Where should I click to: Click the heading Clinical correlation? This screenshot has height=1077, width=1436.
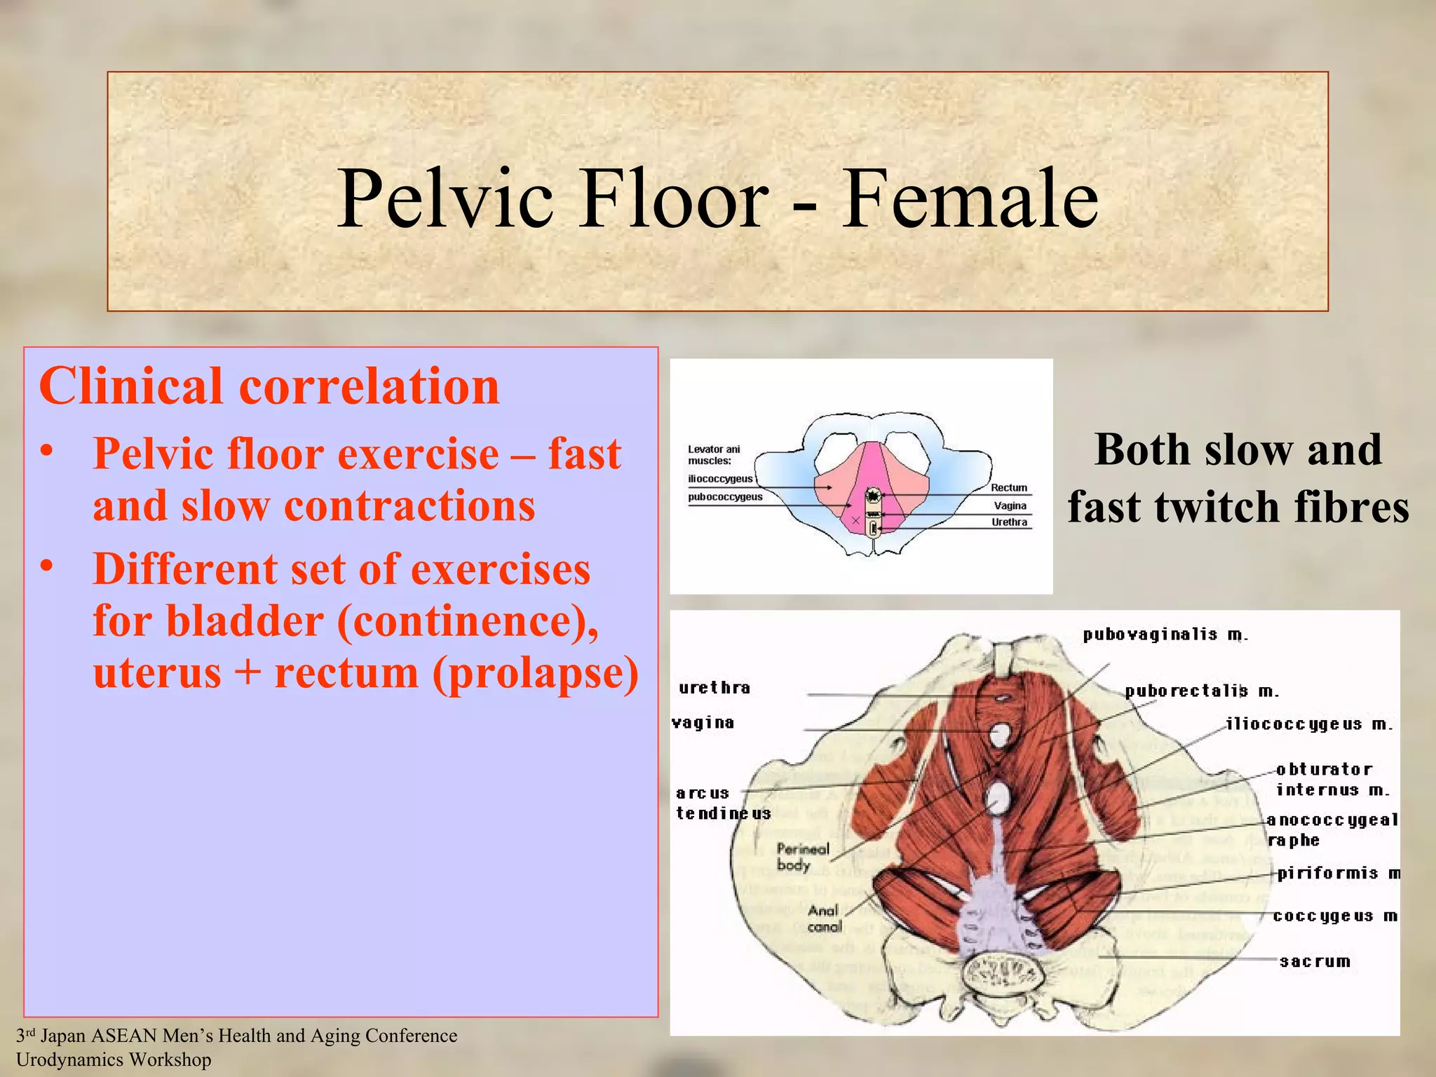(x=269, y=386)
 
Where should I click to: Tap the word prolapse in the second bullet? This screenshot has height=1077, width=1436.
(x=536, y=672)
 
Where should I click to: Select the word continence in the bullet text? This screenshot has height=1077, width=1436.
(x=463, y=621)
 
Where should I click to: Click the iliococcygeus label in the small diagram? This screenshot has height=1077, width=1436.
(x=720, y=479)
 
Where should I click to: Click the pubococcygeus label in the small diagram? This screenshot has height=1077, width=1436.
(x=725, y=497)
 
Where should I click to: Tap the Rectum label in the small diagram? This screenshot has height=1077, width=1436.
(x=1008, y=488)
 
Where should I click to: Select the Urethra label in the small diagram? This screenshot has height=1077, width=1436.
(x=1009, y=522)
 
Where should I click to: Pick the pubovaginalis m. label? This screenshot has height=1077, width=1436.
(x=1165, y=635)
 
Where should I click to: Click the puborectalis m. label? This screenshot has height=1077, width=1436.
(x=1202, y=691)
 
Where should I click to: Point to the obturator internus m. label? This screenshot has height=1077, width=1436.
(x=1331, y=780)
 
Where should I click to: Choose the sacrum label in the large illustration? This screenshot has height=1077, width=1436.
(x=1315, y=961)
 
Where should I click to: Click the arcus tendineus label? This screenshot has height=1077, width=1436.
(x=722, y=804)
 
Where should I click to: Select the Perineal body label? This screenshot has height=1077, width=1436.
(x=802, y=857)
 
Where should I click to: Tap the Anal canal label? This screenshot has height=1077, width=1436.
(x=823, y=919)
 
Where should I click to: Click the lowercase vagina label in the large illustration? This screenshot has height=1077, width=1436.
(x=703, y=723)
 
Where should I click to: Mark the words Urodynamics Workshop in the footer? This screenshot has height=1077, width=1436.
(x=114, y=1059)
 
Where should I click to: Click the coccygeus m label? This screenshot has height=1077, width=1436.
(x=1334, y=916)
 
